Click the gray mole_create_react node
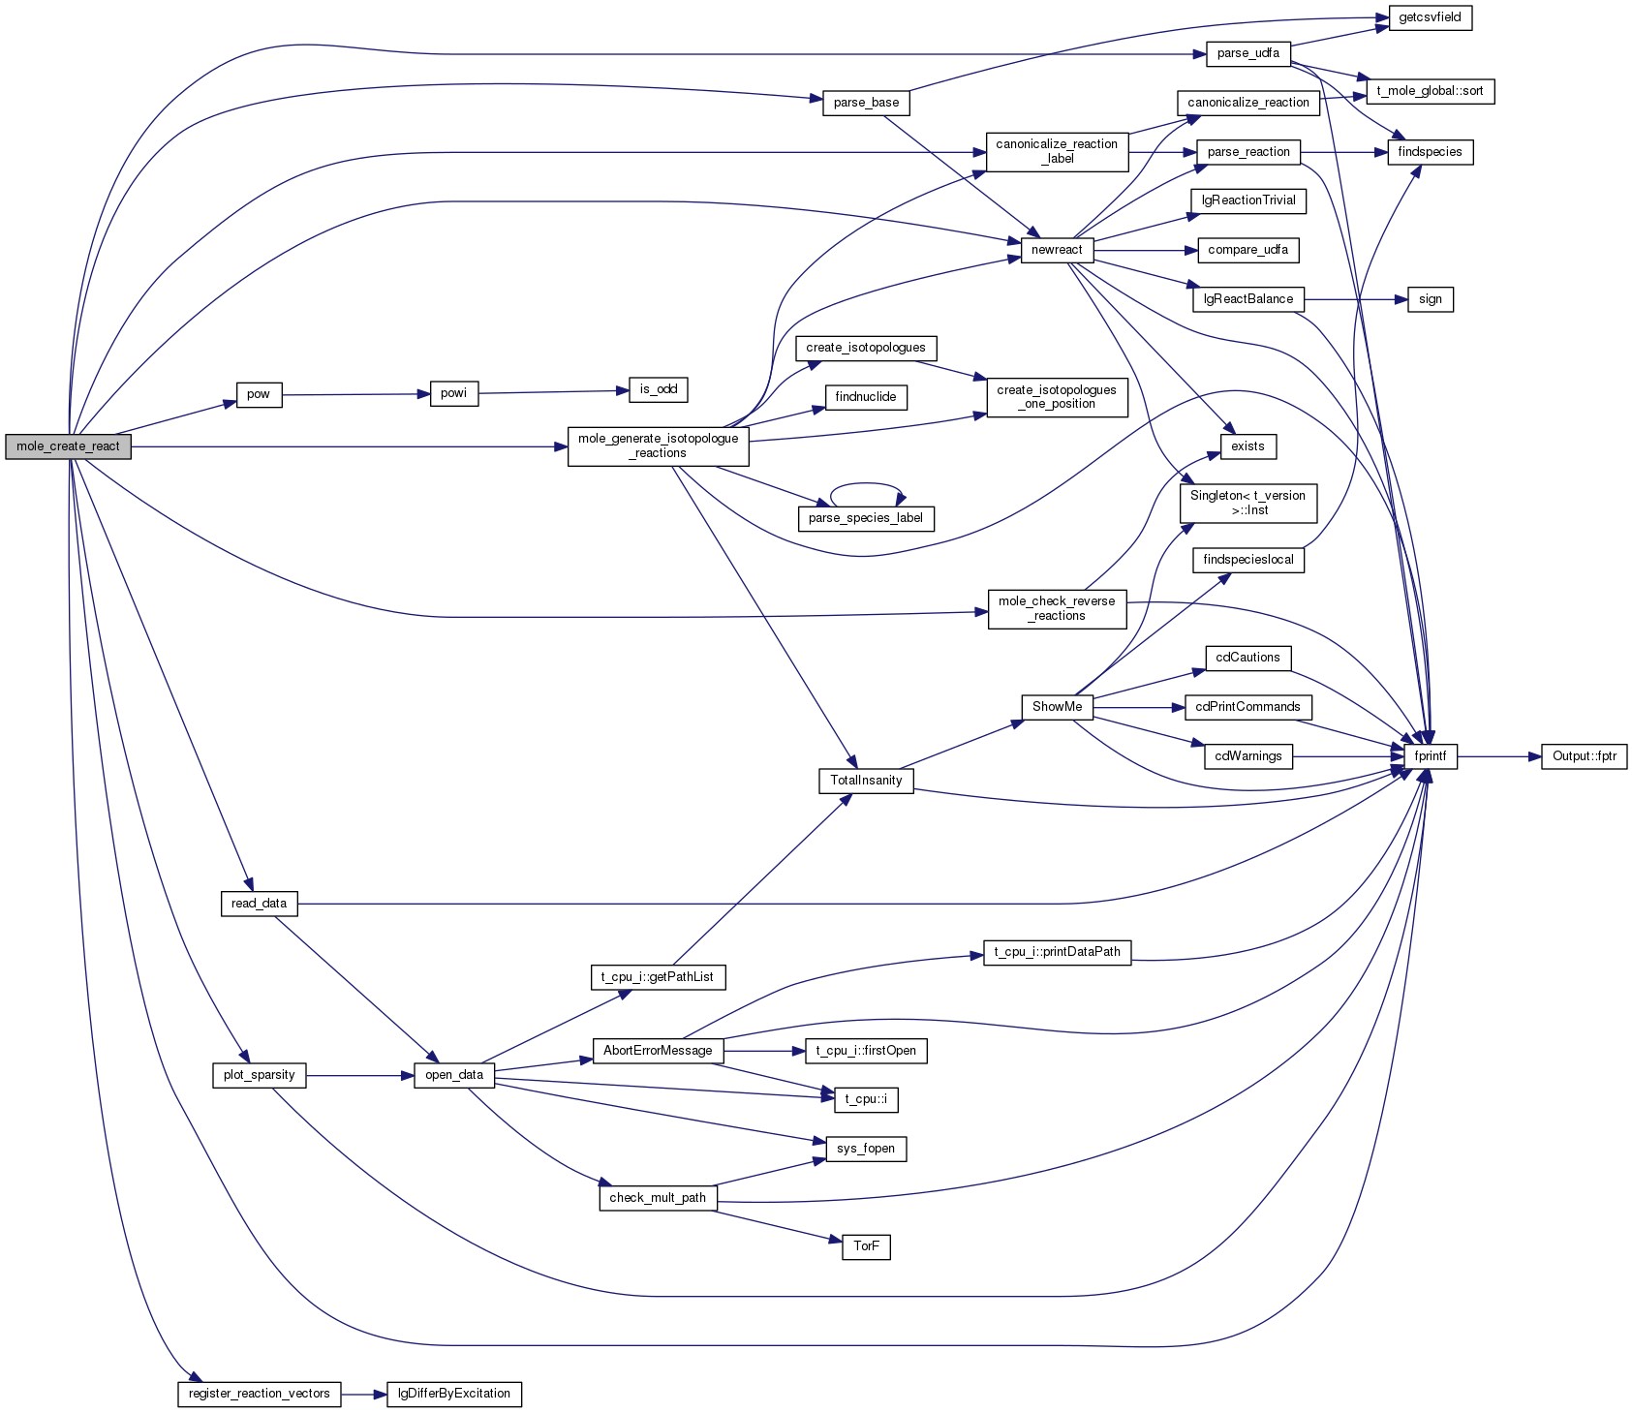(68, 446)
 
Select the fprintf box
(1430, 756)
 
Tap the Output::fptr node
(1585, 756)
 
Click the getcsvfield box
(1430, 17)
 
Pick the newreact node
(1057, 250)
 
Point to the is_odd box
(659, 389)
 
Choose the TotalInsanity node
(866, 781)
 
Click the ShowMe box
(1057, 707)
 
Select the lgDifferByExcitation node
(454, 1394)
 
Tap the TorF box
(866, 1246)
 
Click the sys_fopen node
(866, 1149)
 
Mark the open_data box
(454, 1075)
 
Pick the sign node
(1430, 299)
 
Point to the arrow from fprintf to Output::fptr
(1499, 756)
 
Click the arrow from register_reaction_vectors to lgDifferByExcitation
(364, 1394)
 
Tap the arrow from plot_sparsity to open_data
(360, 1075)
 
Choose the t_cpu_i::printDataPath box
(1057, 952)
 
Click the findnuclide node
(866, 397)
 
